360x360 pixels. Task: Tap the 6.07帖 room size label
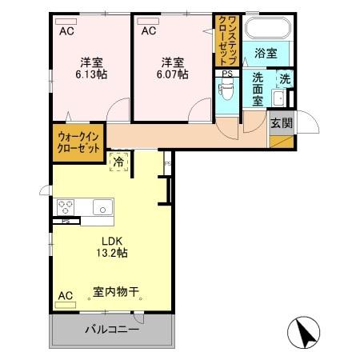[x=173, y=74]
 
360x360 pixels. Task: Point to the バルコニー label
[x=112, y=330]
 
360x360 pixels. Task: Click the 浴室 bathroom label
[x=266, y=54]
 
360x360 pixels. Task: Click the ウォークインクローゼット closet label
[x=78, y=142]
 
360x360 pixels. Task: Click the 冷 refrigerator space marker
[x=119, y=162]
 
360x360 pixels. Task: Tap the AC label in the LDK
[x=65, y=295]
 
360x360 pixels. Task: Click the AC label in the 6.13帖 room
[x=67, y=31]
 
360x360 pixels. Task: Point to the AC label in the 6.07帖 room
[x=148, y=31]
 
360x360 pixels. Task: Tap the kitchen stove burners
[x=66, y=206]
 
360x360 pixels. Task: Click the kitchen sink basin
[x=103, y=207]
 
